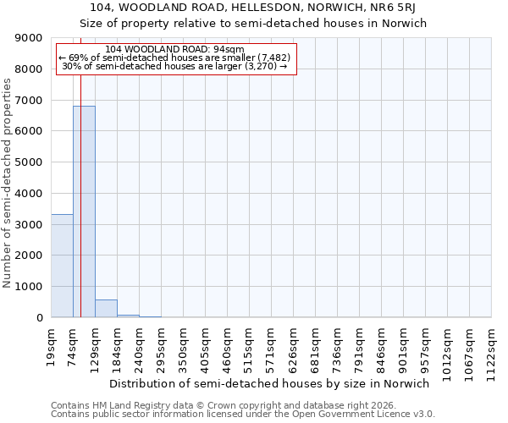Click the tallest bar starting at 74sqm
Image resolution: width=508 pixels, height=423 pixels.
coord(84,211)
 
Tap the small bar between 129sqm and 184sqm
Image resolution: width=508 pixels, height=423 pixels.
coord(106,309)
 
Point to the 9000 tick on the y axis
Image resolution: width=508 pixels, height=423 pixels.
coord(31,38)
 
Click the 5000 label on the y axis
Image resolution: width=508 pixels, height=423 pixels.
coord(31,162)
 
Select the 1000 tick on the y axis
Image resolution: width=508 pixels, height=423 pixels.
coord(31,287)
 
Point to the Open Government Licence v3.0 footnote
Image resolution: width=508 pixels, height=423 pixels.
coord(242,415)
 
